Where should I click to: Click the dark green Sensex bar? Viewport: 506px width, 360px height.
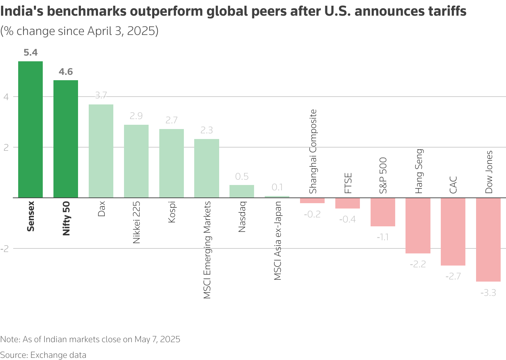(x=30, y=129)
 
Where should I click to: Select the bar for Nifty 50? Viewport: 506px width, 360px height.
(x=66, y=139)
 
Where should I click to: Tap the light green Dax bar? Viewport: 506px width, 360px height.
(x=101, y=151)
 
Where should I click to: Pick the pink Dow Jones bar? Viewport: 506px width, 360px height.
(x=488, y=240)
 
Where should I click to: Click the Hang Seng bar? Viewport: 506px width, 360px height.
(x=418, y=226)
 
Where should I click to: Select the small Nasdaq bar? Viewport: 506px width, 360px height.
(x=242, y=191)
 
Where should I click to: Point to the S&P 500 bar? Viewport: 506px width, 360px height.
(x=383, y=212)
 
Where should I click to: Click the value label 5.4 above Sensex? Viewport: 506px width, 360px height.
(x=30, y=53)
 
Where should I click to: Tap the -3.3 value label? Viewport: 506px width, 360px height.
(x=488, y=293)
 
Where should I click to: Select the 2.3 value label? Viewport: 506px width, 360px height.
(x=207, y=130)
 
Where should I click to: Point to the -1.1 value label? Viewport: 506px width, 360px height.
(x=382, y=237)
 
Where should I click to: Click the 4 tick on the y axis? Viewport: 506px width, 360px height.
(x=6, y=97)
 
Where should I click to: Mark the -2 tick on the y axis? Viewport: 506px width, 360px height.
(x=5, y=249)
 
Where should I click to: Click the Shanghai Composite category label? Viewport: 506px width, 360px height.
(x=313, y=151)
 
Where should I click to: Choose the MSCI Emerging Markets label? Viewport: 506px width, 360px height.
(x=207, y=250)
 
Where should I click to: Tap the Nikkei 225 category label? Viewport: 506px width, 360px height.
(x=136, y=222)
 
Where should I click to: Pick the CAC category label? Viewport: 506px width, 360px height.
(x=453, y=185)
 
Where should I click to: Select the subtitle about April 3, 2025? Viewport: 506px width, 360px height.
(x=79, y=31)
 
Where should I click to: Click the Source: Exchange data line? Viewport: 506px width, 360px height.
(x=43, y=355)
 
